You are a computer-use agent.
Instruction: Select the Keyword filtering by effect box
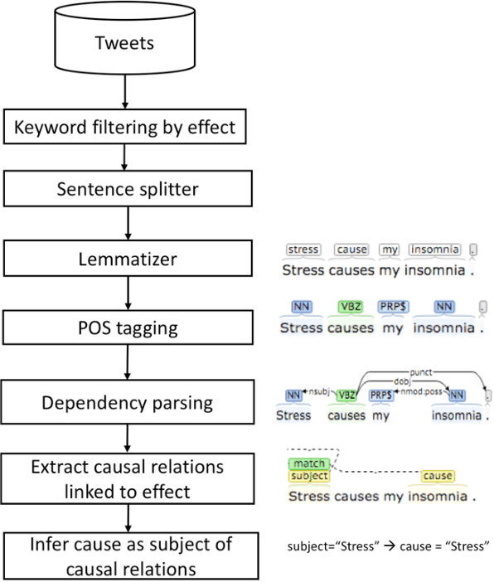click(123, 129)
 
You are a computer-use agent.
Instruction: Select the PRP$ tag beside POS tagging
click(390, 307)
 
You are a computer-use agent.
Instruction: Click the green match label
click(308, 463)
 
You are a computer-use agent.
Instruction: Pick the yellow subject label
click(309, 476)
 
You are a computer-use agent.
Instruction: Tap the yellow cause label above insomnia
click(437, 476)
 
